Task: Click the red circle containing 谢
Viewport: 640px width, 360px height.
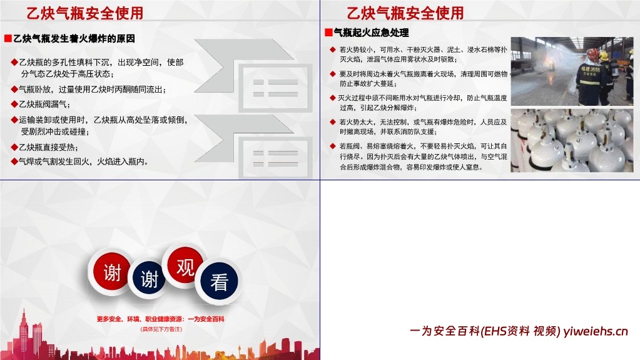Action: coord(113,273)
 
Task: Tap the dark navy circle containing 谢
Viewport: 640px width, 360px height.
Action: coord(149,279)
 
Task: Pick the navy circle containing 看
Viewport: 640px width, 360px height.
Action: coord(218,282)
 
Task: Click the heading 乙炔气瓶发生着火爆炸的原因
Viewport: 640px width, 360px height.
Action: coord(74,38)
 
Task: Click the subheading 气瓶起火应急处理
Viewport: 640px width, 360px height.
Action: coord(371,33)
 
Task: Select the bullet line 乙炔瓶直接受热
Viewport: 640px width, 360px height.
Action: coord(48,147)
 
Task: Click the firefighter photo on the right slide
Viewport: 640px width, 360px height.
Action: coord(572,71)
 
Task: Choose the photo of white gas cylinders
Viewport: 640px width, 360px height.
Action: coord(572,140)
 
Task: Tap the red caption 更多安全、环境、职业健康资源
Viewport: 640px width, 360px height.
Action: coord(160,319)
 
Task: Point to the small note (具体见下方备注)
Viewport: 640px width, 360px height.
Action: coord(160,329)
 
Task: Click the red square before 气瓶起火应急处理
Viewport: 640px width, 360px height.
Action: coord(328,33)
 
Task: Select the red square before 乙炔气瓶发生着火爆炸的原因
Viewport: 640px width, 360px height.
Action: coord(8,38)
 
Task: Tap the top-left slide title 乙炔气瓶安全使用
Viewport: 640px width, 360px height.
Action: coord(84,13)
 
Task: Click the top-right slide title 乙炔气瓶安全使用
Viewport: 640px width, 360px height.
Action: coord(405,13)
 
